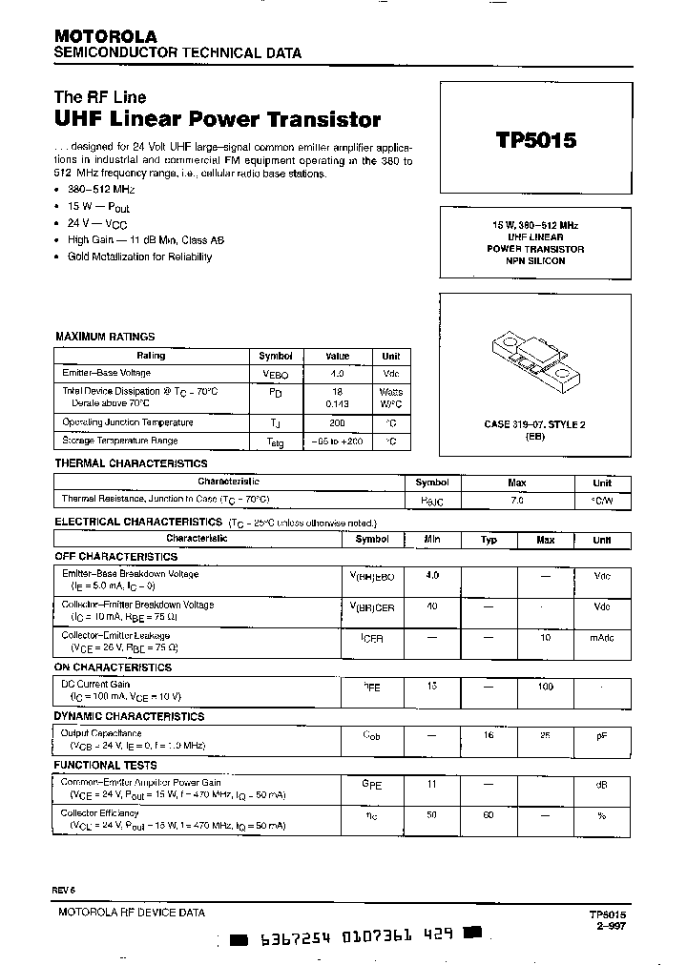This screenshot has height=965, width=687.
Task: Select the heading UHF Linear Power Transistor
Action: pyautogui.click(x=219, y=120)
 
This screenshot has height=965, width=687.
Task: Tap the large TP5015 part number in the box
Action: pyautogui.click(x=535, y=141)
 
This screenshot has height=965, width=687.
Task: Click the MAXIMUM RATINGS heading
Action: pyautogui.click(x=105, y=337)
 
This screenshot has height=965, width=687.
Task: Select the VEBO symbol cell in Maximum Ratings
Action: pyautogui.click(x=275, y=375)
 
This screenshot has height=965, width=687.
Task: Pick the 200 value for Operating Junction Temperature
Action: pyautogui.click(x=338, y=421)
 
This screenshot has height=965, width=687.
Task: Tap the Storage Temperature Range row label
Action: pyautogui.click(x=119, y=441)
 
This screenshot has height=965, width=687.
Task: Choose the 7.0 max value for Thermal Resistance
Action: pyautogui.click(x=517, y=500)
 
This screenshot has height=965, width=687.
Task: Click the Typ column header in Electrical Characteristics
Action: pyautogui.click(x=489, y=540)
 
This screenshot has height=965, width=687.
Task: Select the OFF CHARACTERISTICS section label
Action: pyautogui.click(x=115, y=556)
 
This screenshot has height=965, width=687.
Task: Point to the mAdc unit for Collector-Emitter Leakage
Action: pyautogui.click(x=601, y=637)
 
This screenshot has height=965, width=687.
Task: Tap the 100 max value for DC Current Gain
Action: pyautogui.click(x=545, y=687)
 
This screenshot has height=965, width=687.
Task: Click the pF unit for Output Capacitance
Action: pyautogui.click(x=601, y=735)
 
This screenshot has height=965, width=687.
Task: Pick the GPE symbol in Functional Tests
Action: pyautogui.click(x=371, y=784)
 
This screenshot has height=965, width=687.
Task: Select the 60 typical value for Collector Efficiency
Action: pyautogui.click(x=489, y=815)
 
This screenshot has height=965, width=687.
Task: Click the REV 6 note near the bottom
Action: pyautogui.click(x=64, y=890)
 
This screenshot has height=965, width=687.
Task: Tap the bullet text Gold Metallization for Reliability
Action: pyautogui.click(x=139, y=257)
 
